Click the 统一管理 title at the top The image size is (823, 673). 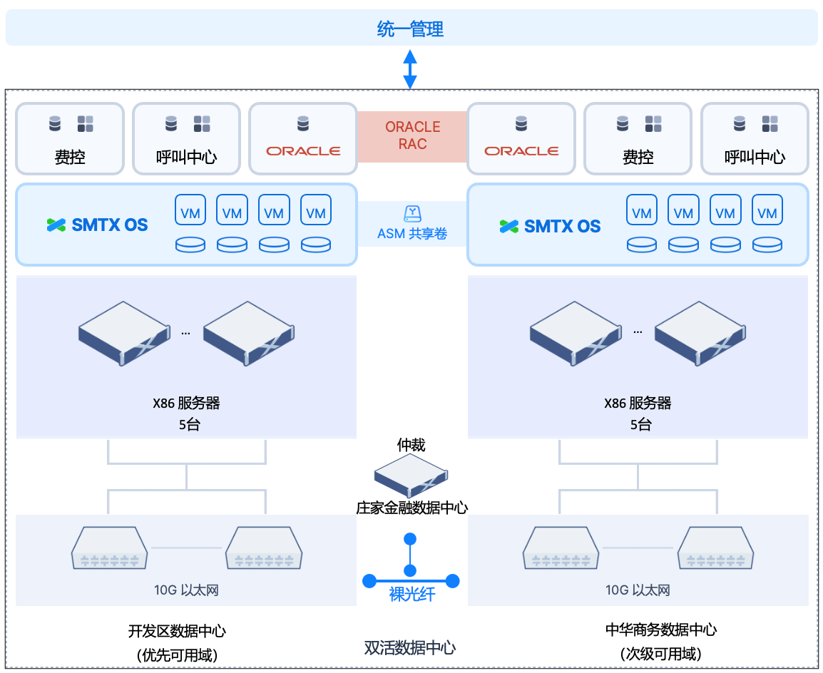point(410,29)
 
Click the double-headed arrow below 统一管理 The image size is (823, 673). point(410,69)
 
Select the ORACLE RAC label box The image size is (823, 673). point(412,135)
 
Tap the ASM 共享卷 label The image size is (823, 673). point(412,233)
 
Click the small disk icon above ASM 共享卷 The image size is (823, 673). point(412,213)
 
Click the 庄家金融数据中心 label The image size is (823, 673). point(411,508)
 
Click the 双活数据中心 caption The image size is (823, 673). point(410,647)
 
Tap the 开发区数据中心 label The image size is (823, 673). point(177,631)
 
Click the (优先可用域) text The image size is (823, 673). point(177,654)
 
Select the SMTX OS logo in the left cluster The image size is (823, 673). point(98,225)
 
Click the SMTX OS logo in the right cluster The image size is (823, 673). point(550,227)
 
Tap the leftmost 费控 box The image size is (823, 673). point(70,139)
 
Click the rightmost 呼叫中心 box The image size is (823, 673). point(755,139)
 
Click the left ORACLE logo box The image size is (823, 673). point(303,139)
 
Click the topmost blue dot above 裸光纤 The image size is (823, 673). point(410,538)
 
